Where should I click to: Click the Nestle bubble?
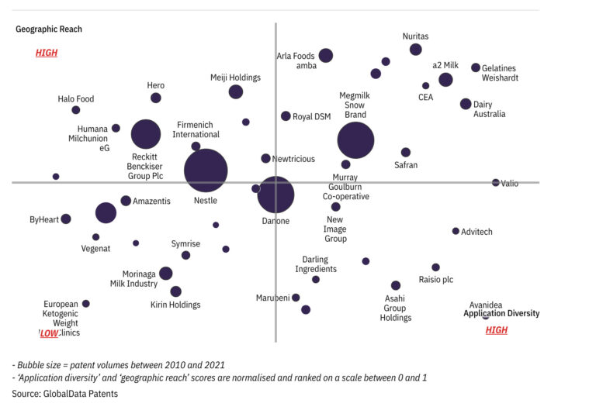pyautogui.click(x=206, y=171)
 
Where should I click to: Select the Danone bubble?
pyautogui.click(x=275, y=195)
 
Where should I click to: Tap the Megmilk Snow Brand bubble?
pyautogui.click(x=355, y=140)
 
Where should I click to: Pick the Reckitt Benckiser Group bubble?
pyautogui.click(x=145, y=134)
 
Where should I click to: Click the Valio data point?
pyautogui.click(x=496, y=183)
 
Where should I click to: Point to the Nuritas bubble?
pyautogui.click(x=416, y=50)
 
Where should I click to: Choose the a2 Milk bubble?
pyautogui.click(x=445, y=80)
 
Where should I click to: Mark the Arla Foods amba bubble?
pyautogui.click(x=326, y=55)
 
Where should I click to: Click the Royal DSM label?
pyautogui.click(x=311, y=117)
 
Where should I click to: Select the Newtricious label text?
pyautogui.click(x=293, y=159)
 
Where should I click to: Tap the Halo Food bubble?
pyautogui.click(x=76, y=110)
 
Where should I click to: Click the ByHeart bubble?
pyautogui.click(x=66, y=219)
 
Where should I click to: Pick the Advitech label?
pyautogui.click(x=476, y=232)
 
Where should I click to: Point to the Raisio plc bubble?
pyautogui.click(x=435, y=267)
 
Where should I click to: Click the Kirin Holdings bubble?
pyautogui.click(x=175, y=291)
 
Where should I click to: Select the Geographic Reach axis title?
pyautogui.click(x=49, y=29)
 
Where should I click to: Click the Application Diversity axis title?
pyautogui.click(x=501, y=314)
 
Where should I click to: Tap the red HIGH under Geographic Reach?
pyautogui.click(x=47, y=53)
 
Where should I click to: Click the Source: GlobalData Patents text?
pyautogui.click(x=64, y=394)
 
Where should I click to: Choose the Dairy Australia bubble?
pyautogui.click(x=466, y=104)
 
